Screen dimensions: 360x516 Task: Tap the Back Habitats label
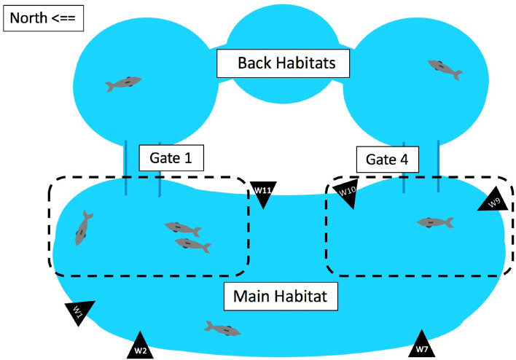click(286, 63)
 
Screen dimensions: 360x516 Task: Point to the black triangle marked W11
click(263, 193)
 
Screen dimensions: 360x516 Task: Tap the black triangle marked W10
click(346, 192)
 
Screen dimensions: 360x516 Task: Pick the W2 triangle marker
click(140, 346)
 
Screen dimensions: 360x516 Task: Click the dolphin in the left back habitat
click(123, 83)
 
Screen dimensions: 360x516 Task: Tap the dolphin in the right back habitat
click(445, 68)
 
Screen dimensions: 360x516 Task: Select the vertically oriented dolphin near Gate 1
click(84, 227)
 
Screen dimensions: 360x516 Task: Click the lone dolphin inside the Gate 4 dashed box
click(435, 222)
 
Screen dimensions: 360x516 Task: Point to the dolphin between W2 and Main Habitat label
click(222, 329)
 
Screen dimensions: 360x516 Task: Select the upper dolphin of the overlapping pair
click(182, 230)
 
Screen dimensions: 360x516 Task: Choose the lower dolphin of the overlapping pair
click(193, 245)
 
